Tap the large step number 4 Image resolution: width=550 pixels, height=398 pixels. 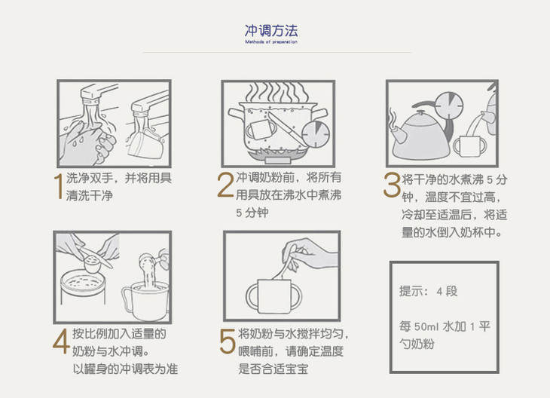61,341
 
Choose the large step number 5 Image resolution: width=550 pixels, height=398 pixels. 228,341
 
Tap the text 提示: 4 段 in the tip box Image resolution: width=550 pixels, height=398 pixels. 428,291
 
